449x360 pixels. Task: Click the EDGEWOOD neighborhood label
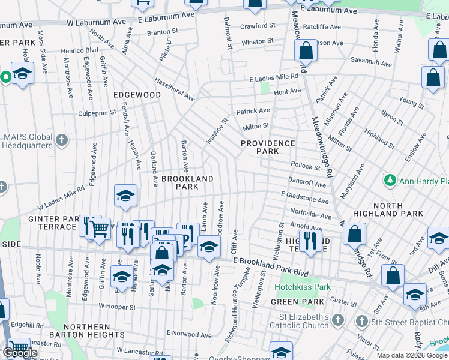click(x=136, y=95)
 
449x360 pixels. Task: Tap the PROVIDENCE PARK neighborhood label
click(x=268, y=147)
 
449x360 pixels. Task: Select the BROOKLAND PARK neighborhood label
click(x=179, y=182)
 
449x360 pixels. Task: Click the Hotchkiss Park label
click(x=303, y=287)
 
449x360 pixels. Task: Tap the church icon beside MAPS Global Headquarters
click(x=61, y=141)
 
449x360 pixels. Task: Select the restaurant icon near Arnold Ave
click(x=309, y=239)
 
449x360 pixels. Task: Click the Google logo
click(x=20, y=353)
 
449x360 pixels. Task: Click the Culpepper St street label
click(x=97, y=112)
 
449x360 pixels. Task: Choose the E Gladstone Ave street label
click(x=305, y=197)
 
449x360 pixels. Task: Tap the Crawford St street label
click(x=258, y=26)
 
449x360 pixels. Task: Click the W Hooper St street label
click(x=118, y=306)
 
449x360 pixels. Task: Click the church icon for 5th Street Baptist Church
click(x=361, y=321)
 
